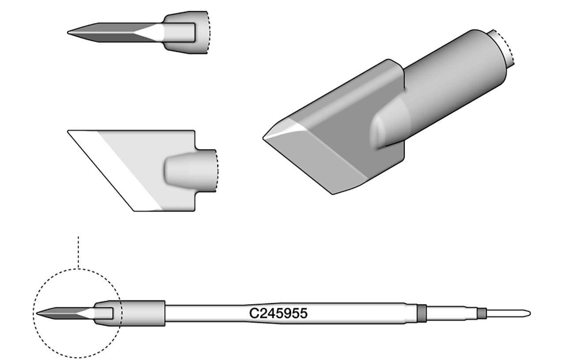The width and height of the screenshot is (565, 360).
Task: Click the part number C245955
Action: (278, 314)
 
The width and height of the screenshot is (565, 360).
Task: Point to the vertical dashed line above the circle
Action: (78, 252)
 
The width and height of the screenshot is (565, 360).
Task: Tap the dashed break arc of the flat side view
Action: (218, 170)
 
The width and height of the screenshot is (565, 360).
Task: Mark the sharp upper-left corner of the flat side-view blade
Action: (69, 131)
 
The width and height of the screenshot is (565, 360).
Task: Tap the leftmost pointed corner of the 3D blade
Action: (264, 138)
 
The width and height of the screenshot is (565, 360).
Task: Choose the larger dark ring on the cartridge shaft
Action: (422, 313)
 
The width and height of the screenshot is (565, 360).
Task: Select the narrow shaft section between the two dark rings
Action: (450, 314)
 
